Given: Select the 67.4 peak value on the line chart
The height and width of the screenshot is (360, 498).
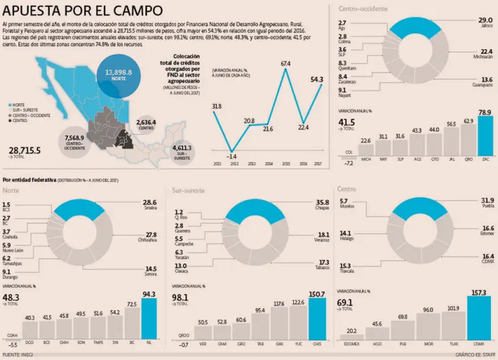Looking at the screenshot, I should (x=285, y=63).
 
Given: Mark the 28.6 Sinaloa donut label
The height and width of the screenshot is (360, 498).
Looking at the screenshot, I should (x=150, y=205).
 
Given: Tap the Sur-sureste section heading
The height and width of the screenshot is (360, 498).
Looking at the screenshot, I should (x=190, y=190).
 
